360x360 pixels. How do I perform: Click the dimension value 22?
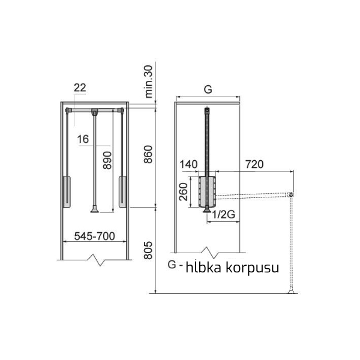pyautogui.click(x=80, y=88)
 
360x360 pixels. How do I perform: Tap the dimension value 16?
pyautogui.click(x=83, y=139)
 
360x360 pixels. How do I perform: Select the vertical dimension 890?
pyautogui.click(x=107, y=160)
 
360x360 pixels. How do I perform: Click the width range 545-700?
pyautogui.click(x=95, y=236)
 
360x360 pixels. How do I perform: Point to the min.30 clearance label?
pyautogui.click(x=149, y=82)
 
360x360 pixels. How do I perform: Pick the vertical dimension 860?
pyautogui.click(x=148, y=154)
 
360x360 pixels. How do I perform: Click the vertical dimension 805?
pyautogui.click(x=148, y=250)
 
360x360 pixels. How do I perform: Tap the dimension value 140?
pyautogui.click(x=188, y=164)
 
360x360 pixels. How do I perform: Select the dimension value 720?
pyautogui.click(x=254, y=164)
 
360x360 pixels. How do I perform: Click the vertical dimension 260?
pyautogui.click(x=184, y=192)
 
